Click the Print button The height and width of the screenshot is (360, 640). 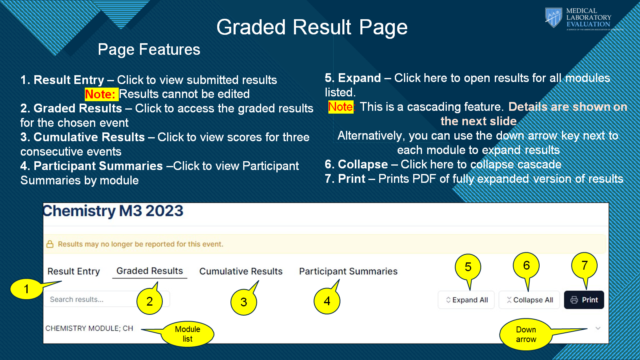click(584, 300)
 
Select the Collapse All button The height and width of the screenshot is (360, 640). click(529, 300)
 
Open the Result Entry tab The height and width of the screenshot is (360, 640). click(74, 271)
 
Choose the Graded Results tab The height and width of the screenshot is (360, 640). click(150, 270)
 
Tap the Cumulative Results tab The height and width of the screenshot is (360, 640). click(241, 271)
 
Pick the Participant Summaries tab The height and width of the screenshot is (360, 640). click(348, 271)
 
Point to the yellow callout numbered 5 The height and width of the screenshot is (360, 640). click(468, 267)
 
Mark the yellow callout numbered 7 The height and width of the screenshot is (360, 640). click(584, 266)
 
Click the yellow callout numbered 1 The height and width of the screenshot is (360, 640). click(26, 289)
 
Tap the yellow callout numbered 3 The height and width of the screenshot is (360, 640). click(244, 302)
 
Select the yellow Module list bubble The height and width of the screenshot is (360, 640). click(188, 334)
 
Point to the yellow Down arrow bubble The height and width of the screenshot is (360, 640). click(526, 334)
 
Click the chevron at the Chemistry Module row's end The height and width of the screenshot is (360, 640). click(598, 328)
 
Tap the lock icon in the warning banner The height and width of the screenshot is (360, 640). click(50, 244)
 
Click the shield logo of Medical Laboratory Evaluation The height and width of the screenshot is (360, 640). click(554, 18)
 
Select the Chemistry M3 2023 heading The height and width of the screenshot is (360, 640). click(113, 211)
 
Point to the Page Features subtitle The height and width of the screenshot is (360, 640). click(149, 49)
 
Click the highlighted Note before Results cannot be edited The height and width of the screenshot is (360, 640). click(102, 94)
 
